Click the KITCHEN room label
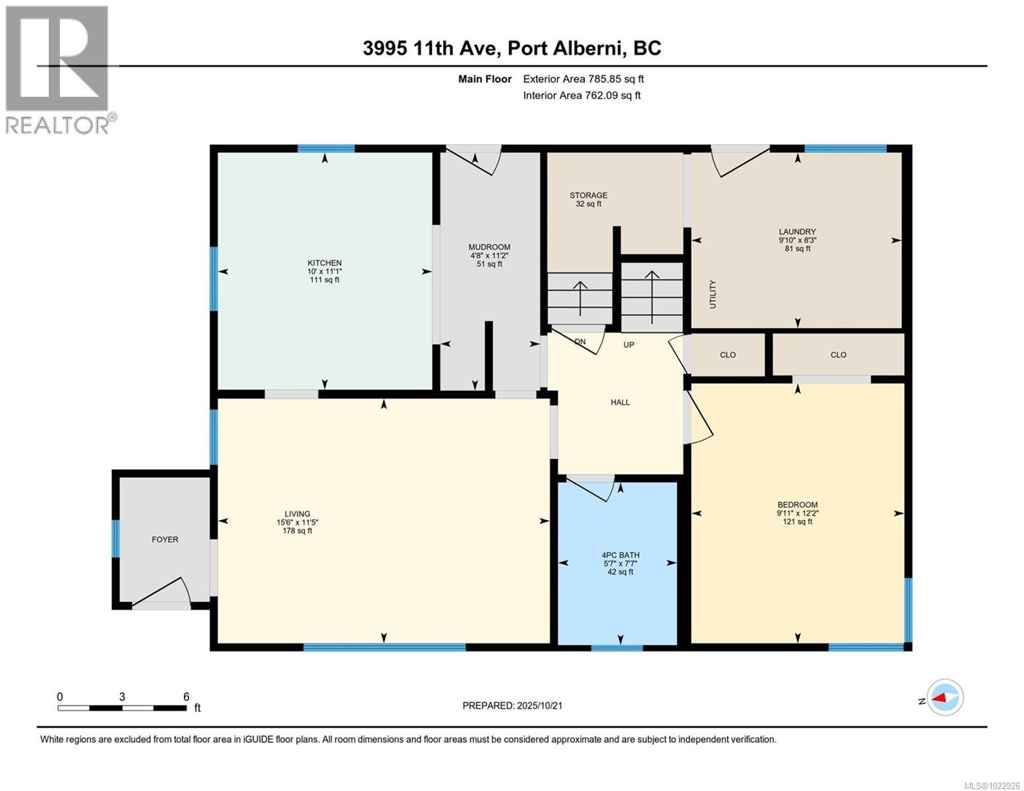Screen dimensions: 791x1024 [x=324, y=271]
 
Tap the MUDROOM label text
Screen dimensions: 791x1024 [x=489, y=255]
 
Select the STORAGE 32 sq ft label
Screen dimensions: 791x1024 [x=588, y=199]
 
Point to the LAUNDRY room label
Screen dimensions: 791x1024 [x=797, y=240]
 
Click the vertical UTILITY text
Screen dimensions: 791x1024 [x=712, y=294]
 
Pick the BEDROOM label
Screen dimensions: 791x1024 [x=797, y=512]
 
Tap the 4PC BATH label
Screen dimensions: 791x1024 [x=620, y=563]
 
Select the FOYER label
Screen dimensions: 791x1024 [x=165, y=539]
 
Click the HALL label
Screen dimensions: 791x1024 [x=620, y=402]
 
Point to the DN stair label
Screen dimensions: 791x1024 [x=580, y=342]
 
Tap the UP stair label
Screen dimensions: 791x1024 [x=629, y=345]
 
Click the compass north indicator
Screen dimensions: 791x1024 [x=944, y=697]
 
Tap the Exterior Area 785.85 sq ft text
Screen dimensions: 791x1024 [x=583, y=79]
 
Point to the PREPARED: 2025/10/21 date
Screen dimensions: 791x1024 [x=512, y=705]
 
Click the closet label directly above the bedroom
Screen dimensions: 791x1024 [x=838, y=355]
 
